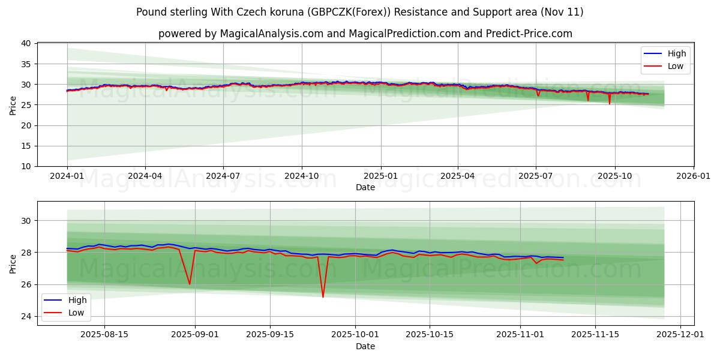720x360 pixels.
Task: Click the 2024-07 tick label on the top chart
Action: click(x=223, y=176)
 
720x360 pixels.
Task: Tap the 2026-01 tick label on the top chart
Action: click(x=694, y=176)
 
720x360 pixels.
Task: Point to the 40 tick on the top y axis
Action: click(x=26, y=43)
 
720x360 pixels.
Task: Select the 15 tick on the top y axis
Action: click(x=26, y=146)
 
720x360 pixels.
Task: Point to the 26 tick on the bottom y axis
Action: click(x=26, y=284)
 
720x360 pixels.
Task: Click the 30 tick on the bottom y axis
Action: click(x=26, y=221)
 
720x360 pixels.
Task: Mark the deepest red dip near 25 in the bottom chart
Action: click(x=323, y=296)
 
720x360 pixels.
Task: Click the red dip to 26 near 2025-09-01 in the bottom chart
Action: click(x=190, y=284)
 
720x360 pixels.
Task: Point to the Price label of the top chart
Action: click(x=13, y=105)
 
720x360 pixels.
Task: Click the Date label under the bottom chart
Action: click(x=365, y=346)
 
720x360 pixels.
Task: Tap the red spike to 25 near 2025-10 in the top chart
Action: click(x=610, y=103)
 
